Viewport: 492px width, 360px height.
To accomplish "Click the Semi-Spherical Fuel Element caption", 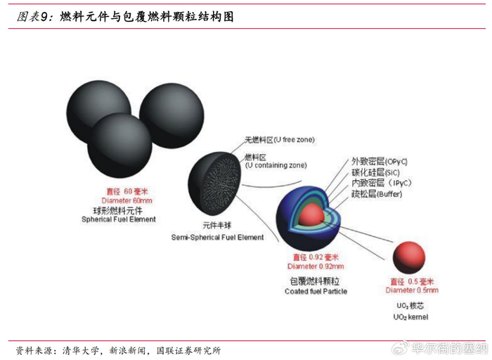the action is (x=218, y=238).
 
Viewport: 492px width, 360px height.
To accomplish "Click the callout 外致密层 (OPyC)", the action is (x=379, y=161).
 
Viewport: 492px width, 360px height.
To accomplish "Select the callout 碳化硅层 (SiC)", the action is (x=375, y=172).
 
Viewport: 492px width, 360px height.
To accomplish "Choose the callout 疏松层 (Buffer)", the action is (x=376, y=193).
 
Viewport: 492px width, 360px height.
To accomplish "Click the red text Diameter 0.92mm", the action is (x=316, y=266).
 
